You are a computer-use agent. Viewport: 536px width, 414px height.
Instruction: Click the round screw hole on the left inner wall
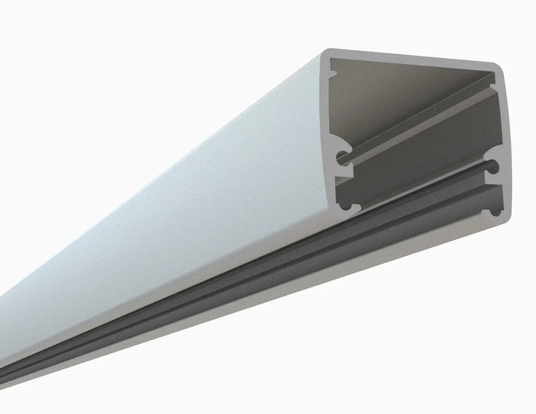point(341,157)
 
